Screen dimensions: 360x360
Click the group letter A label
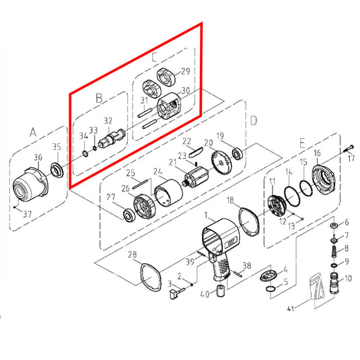pos(33,133)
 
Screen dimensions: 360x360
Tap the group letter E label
pos(302,143)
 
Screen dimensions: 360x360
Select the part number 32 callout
pos(108,121)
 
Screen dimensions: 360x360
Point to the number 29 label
pos(186,71)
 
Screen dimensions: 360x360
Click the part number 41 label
pos(291,309)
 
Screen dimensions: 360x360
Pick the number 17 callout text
pos(351,158)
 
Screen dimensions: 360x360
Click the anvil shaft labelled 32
pos(112,139)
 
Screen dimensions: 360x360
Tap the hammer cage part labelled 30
pos(169,106)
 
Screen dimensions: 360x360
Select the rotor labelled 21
pos(196,178)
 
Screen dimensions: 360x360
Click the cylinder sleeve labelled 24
pos(168,193)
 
